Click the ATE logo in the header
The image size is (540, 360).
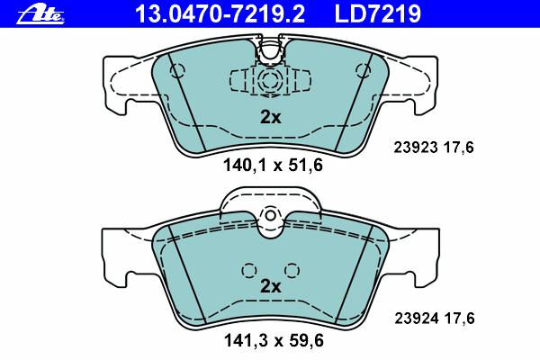pos(40,15)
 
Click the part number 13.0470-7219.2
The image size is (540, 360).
pos(220,14)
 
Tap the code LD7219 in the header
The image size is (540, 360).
pos(378,14)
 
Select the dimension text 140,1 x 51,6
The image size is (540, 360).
pos(273,165)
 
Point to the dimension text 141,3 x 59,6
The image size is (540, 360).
pos(274,341)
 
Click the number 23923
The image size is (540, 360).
pos(416,148)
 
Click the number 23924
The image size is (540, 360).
pos(417,319)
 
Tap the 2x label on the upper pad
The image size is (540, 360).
pos(270,118)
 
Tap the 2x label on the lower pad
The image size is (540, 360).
pos(270,286)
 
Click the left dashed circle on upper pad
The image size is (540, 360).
pos(177,70)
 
